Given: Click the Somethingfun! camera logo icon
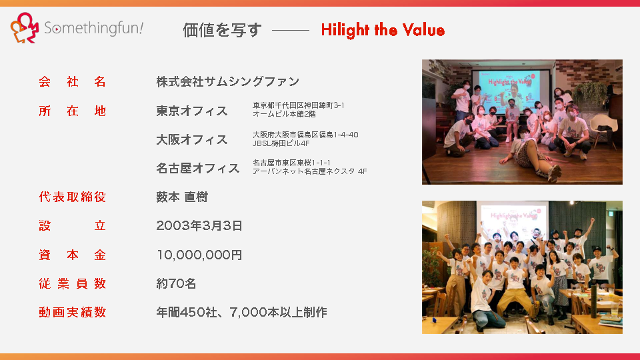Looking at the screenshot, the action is click(25, 28).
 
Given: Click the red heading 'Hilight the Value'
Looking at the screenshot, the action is click(383, 30).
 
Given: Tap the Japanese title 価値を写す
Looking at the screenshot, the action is click(222, 30).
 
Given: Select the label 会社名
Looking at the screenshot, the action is click(73, 81).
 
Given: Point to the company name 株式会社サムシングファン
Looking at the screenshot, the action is click(228, 81).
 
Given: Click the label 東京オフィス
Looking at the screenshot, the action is click(192, 111).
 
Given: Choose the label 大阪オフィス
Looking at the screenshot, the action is click(192, 139).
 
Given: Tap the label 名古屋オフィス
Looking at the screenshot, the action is click(198, 168).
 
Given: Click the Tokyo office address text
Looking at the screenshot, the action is click(299, 109).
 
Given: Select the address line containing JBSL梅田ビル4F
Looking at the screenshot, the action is click(281, 143).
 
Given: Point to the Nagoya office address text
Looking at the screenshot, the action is click(309, 167).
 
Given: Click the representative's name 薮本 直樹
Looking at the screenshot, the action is click(182, 197).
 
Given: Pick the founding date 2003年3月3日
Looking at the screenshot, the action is click(199, 226).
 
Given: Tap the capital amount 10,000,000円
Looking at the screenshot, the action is click(199, 255).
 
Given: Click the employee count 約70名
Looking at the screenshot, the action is click(176, 284).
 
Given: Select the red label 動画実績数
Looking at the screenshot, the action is click(73, 312).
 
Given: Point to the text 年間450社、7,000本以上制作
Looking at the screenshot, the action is click(241, 312).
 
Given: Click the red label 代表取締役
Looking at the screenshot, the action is click(73, 197).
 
